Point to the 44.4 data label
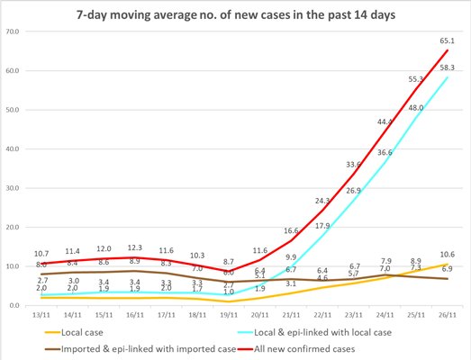click(x=385, y=121)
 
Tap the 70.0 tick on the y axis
click(x=14, y=31)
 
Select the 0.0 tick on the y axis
click(x=15, y=306)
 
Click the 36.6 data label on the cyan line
click(x=385, y=153)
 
